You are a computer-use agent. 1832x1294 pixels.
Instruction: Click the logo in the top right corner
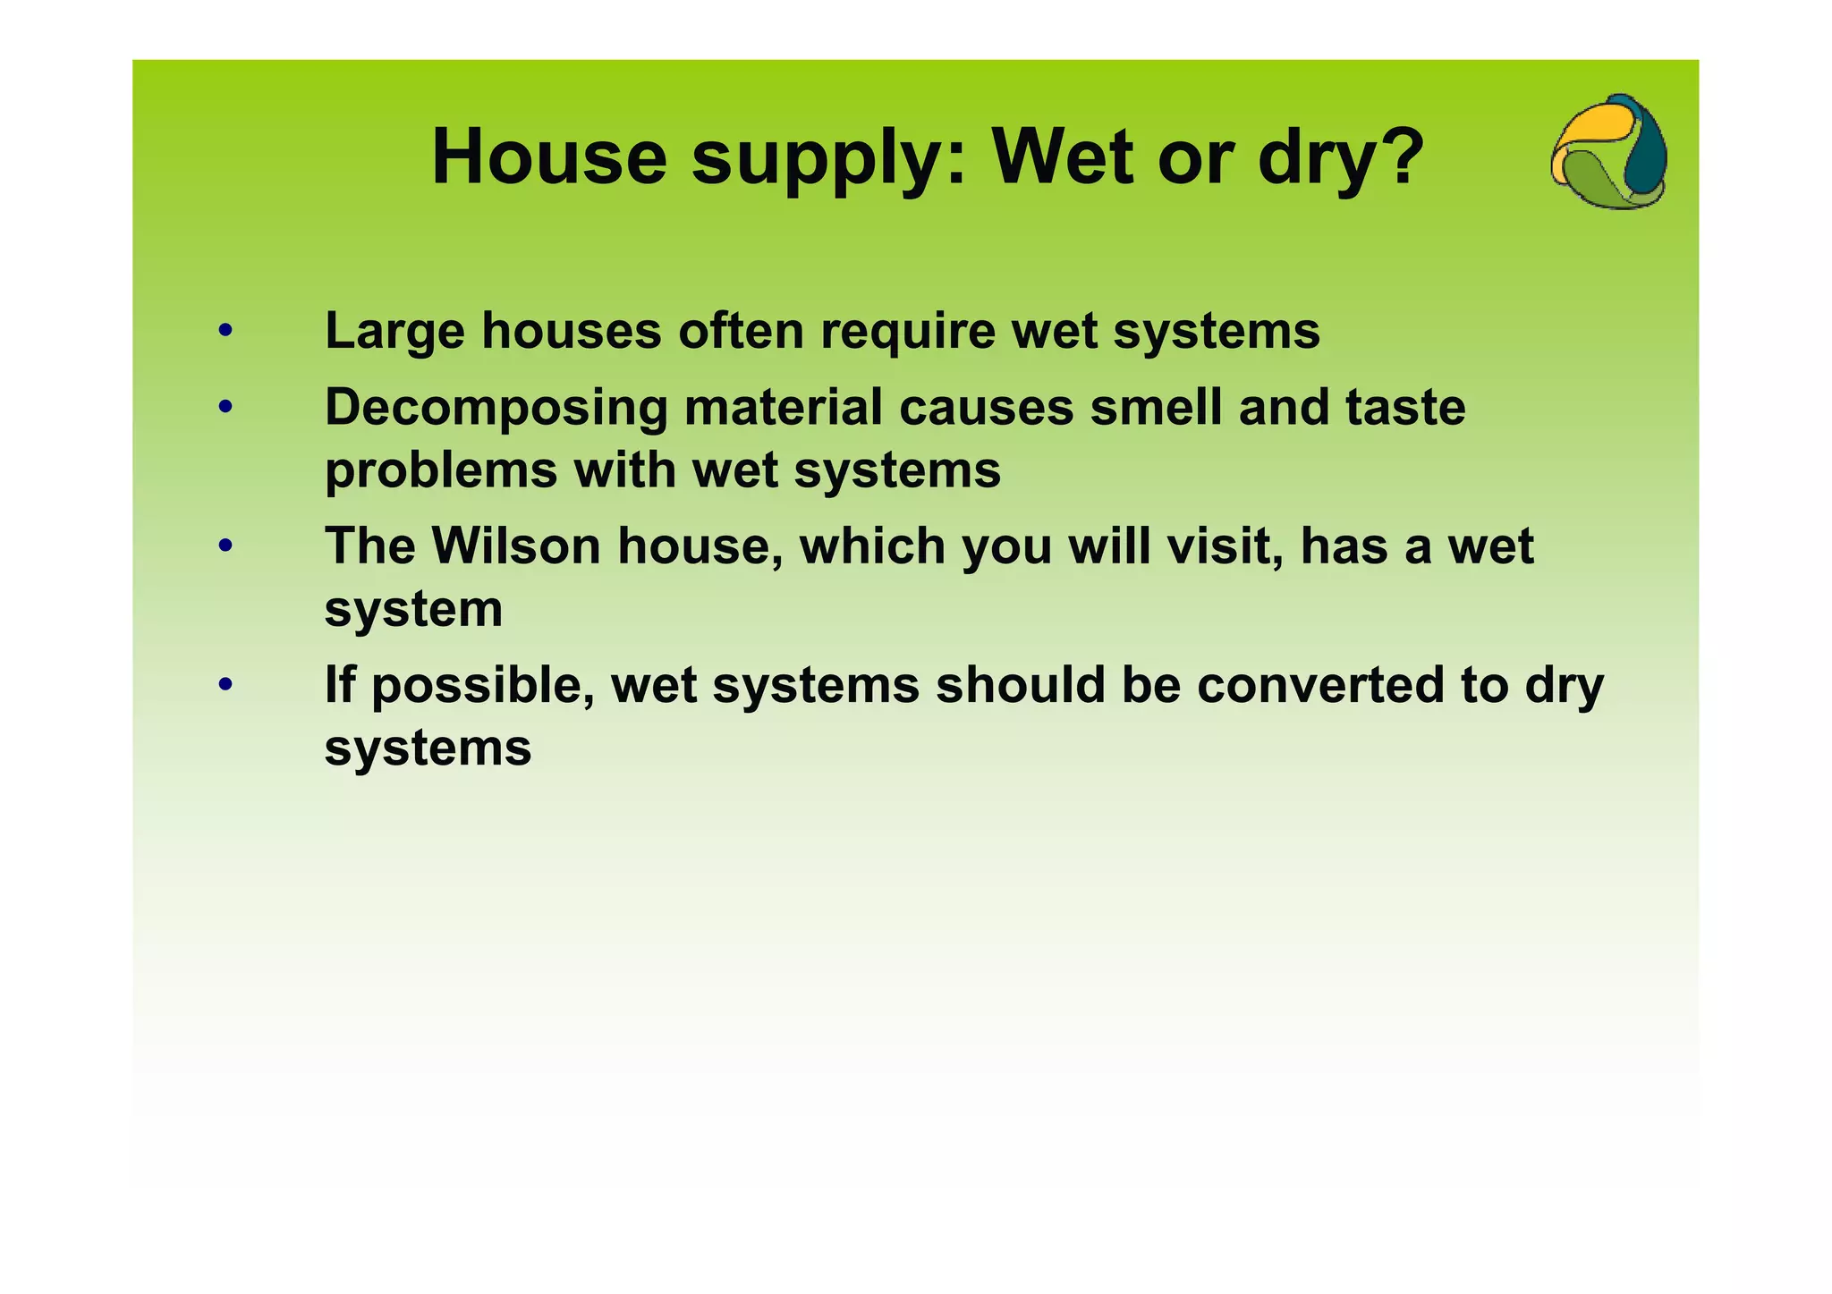pyautogui.click(x=1609, y=152)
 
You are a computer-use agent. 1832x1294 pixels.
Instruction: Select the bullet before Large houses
pyautogui.click(x=225, y=331)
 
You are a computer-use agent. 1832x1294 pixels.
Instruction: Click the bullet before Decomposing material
pyautogui.click(x=225, y=408)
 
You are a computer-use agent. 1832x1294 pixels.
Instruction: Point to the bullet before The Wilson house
pyautogui.click(x=225, y=546)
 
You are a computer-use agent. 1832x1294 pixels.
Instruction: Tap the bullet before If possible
pyautogui.click(x=225, y=685)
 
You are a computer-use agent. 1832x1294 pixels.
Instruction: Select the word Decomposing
pyautogui.click(x=496, y=408)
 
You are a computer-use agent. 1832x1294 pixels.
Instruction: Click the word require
pyautogui.click(x=907, y=332)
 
